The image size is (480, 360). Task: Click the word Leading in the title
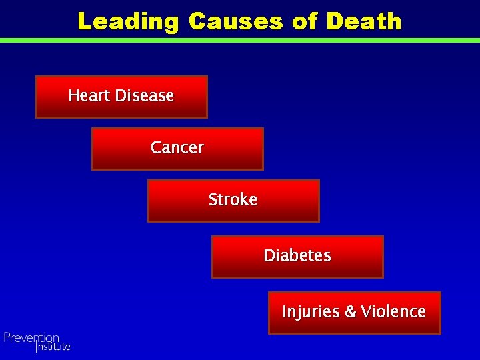127,21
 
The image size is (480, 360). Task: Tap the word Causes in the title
236,21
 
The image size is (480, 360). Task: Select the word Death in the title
364,21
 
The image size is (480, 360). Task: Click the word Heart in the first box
89,96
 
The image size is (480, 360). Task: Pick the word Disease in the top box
144,96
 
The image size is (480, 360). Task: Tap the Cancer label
177,147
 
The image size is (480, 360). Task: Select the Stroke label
233,199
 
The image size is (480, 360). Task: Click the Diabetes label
297,255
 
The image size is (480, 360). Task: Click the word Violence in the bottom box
393,311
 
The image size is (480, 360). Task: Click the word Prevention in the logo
31,338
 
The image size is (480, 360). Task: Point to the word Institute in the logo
53,347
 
